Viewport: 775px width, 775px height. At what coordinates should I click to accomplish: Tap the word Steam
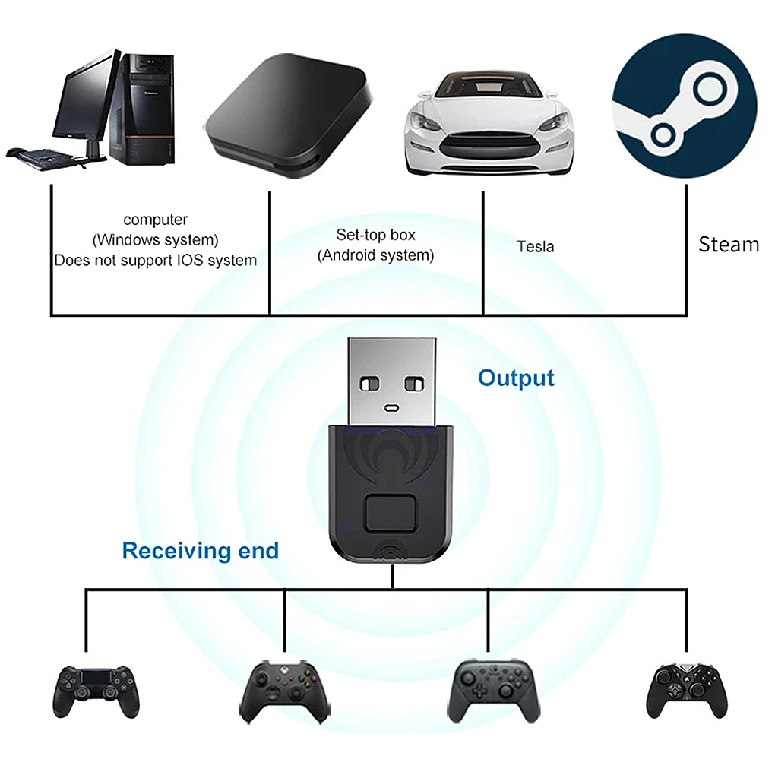[729, 245]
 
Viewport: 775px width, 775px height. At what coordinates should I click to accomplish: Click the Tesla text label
[536, 247]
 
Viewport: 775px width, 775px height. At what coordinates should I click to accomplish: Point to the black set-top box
[289, 114]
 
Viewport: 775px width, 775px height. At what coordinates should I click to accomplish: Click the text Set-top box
[376, 235]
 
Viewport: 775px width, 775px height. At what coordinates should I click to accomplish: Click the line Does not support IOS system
[155, 261]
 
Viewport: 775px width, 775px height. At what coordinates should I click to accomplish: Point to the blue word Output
[516, 378]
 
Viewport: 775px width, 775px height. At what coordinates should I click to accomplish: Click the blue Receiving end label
[201, 551]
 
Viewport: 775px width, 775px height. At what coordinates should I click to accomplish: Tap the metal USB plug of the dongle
[391, 380]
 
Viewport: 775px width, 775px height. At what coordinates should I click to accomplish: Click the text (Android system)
[376, 255]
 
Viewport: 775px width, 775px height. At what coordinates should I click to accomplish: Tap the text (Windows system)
[155, 240]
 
